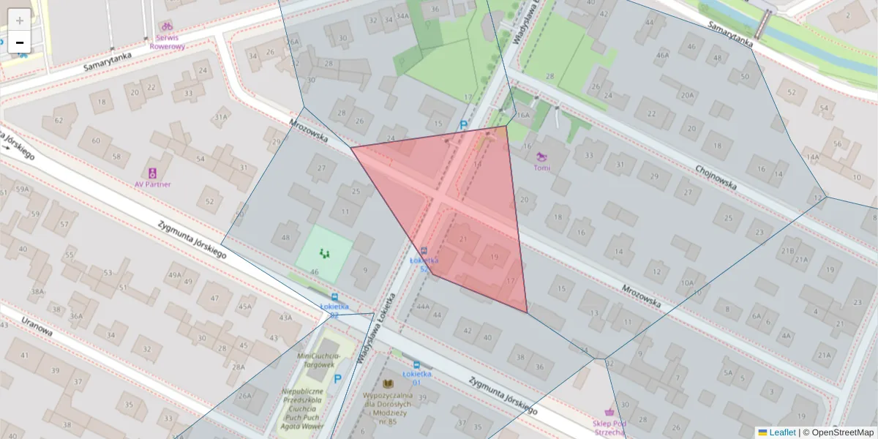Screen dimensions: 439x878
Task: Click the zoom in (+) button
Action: [x=20, y=20]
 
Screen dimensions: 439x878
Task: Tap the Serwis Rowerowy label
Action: [x=167, y=42]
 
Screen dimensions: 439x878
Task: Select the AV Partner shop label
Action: [x=152, y=184]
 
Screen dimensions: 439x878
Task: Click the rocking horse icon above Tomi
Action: [x=541, y=156]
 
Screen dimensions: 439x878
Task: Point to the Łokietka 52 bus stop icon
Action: [x=424, y=251]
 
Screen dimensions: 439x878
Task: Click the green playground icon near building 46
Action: [x=323, y=253]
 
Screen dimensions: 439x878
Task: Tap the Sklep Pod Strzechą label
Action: [x=609, y=427]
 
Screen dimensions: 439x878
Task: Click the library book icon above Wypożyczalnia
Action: [x=388, y=383]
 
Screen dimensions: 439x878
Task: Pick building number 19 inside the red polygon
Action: [x=495, y=257]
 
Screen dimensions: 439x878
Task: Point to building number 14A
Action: [x=812, y=157]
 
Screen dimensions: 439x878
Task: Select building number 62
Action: [x=59, y=120]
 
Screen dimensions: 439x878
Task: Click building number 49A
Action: [x=174, y=275]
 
